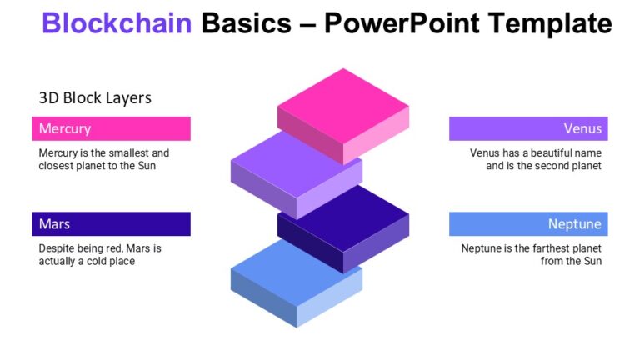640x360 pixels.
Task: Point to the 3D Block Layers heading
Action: click(95, 97)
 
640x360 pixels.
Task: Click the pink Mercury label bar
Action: click(111, 128)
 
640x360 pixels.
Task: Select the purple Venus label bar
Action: click(528, 128)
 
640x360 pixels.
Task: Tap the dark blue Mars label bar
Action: click(111, 224)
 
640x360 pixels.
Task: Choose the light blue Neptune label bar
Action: click(528, 224)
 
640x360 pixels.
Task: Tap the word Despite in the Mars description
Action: click(56, 248)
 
